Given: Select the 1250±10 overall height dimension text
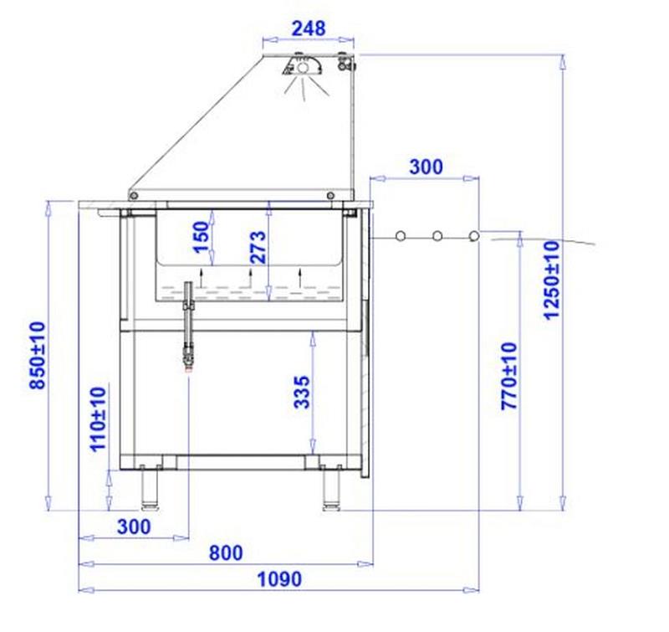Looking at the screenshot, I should point(550,280).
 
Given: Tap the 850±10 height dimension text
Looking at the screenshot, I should point(38,355).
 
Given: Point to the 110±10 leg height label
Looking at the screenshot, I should point(99,419).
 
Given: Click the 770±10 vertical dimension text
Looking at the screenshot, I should point(508,376).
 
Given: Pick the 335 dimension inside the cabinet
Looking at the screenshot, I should point(302,392).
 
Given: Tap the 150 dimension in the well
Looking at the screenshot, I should point(202,239).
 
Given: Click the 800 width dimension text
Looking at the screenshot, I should point(226,552).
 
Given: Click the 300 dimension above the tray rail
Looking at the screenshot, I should point(426,167).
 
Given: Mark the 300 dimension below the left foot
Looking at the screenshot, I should point(134,527).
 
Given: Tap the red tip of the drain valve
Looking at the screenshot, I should point(188,363).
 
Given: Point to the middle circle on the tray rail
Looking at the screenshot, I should point(437,236).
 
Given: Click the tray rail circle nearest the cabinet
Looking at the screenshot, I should point(401,236).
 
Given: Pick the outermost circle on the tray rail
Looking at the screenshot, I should point(474,236).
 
